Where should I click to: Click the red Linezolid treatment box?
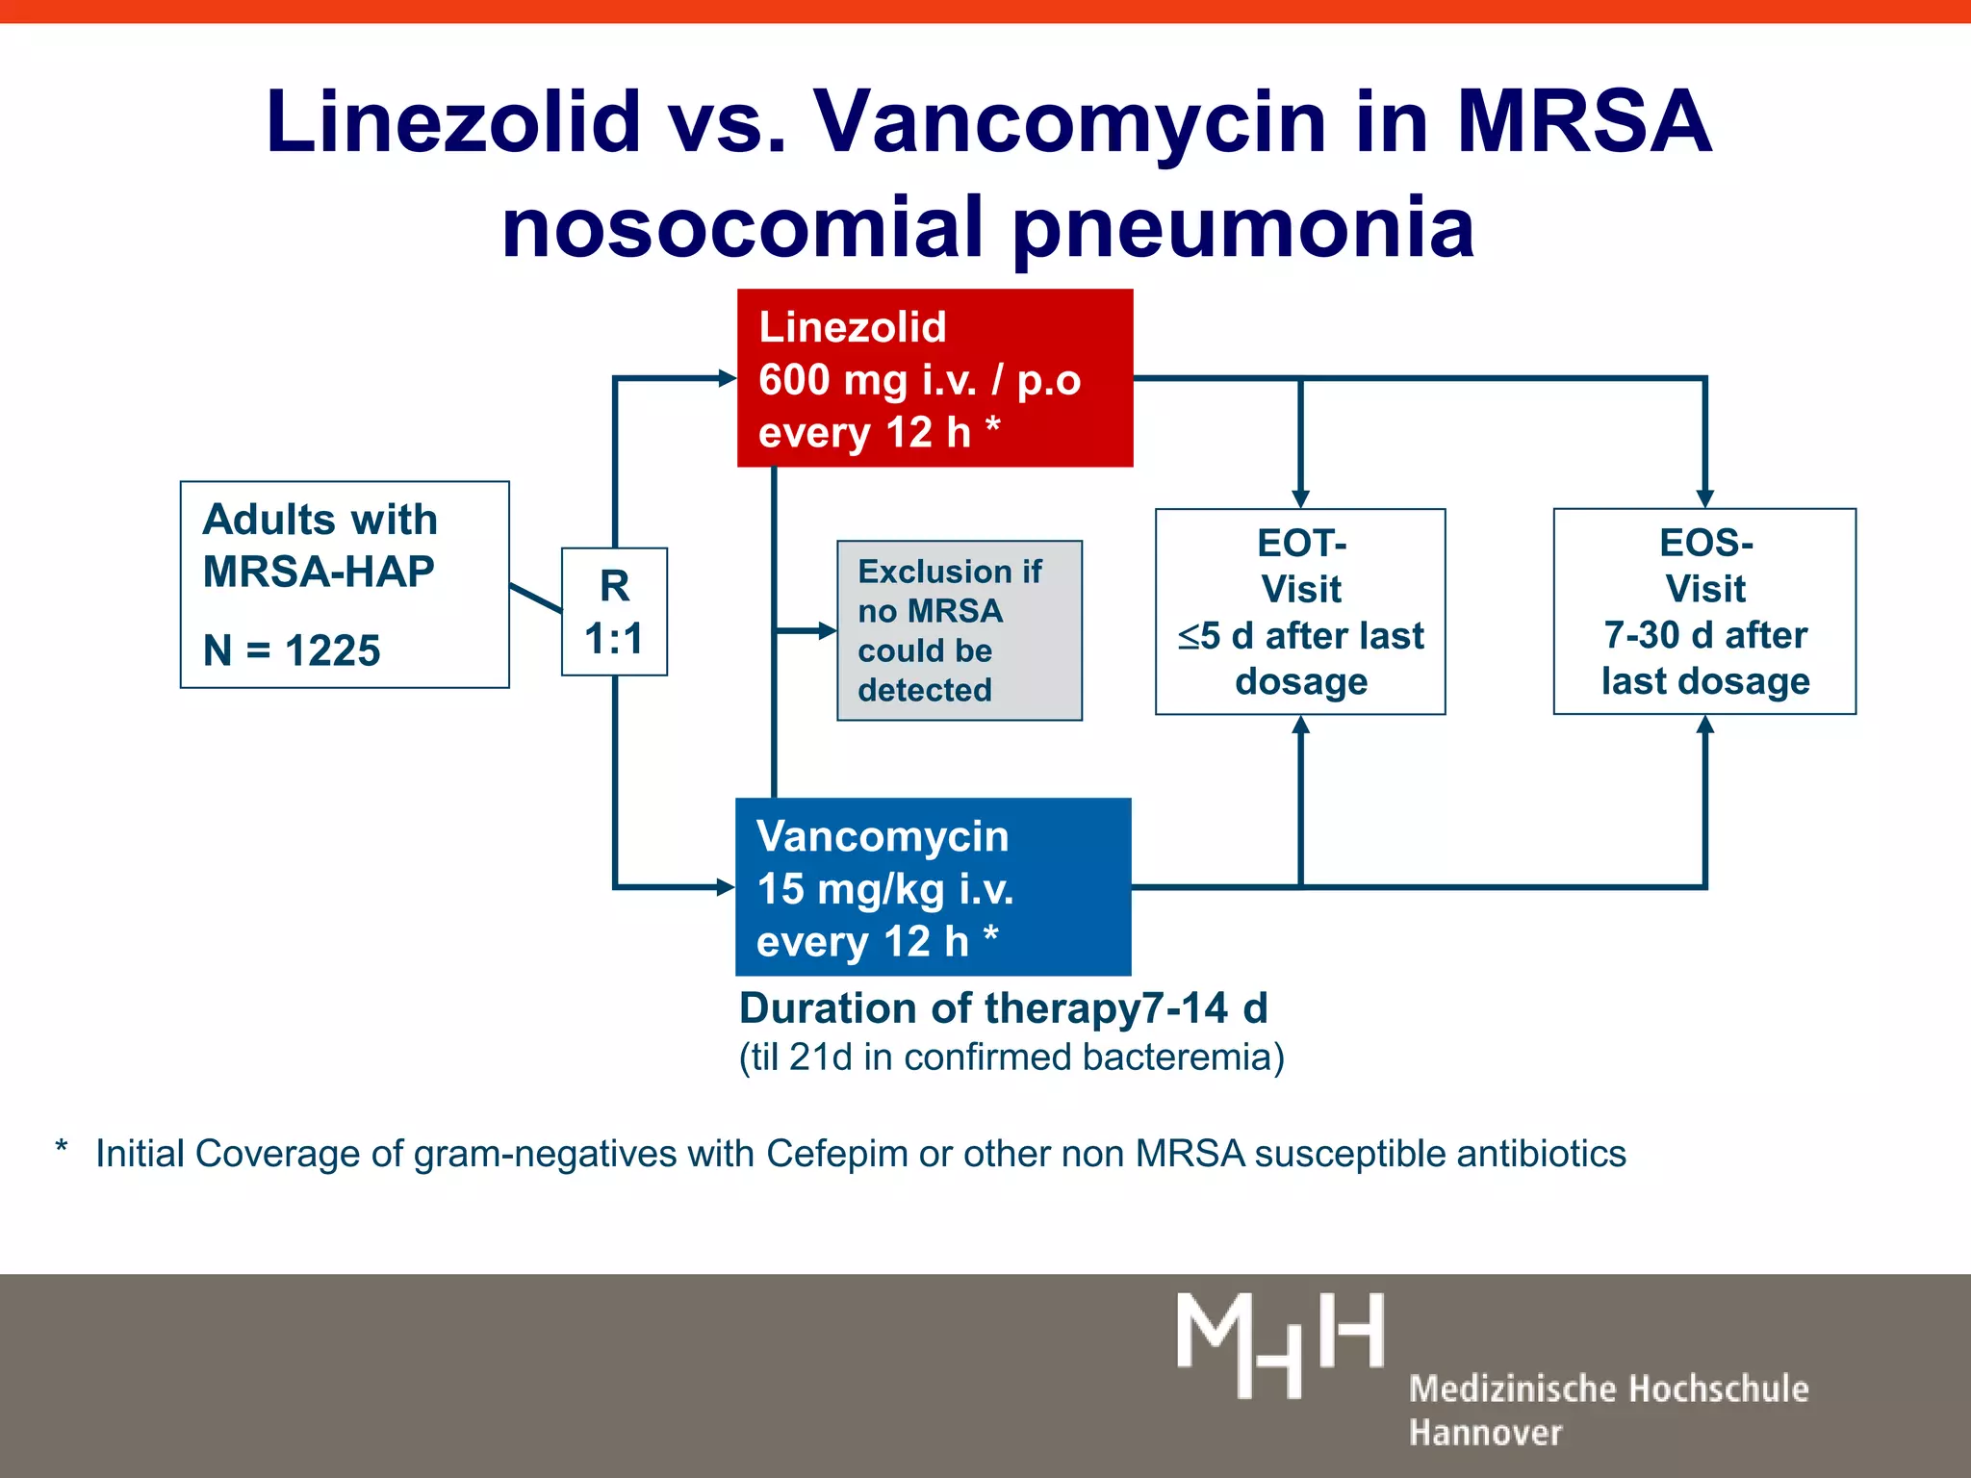(x=934, y=378)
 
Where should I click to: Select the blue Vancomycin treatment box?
(x=932, y=887)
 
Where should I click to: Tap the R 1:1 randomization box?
(x=614, y=612)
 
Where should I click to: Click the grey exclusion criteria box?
(x=959, y=630)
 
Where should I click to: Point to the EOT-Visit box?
(x=1300, y=612)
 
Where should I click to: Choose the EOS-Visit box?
(x=1704, y=612)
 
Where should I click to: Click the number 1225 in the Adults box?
(x=333, y=651)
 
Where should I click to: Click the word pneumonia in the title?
(x=1241, y=229)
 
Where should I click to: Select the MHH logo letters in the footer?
(x=1280, y=1344)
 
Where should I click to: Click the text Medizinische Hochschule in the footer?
(x=1608, y=1389)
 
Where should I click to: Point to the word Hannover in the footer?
(x=1485, y=1433)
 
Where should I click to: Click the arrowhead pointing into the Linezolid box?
(x=728, y=378)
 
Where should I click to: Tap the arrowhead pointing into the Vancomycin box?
(x=727, y=887)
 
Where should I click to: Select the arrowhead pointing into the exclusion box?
(x=827, y=631)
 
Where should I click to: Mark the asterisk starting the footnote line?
(x=62, y=1148)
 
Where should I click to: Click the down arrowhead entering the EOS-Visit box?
(x=1704, y=498)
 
